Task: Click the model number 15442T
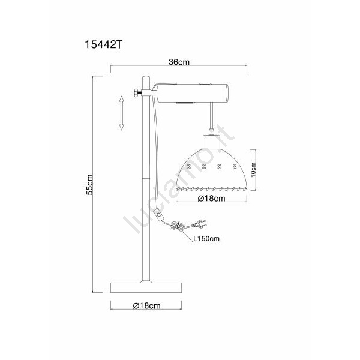coord(103,44)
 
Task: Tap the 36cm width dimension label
coord(179,62)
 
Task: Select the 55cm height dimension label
coord(89,185)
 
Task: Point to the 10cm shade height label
coord(253,170)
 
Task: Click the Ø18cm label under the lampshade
coord(211,199)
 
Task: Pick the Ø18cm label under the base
coord(146,305)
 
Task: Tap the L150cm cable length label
coord(206,239)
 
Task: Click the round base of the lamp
coord(146,287)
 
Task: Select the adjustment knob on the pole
coord(137,93)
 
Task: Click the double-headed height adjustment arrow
coord(121,113)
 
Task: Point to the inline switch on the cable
coord(158,214)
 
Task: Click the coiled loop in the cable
coord(178,227)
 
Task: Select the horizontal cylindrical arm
coord(193,93)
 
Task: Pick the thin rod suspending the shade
coord(211,116)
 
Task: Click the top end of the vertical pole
coord(146,77)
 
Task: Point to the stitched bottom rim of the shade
coord(211,189)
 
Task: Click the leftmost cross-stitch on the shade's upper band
coord(189,166)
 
